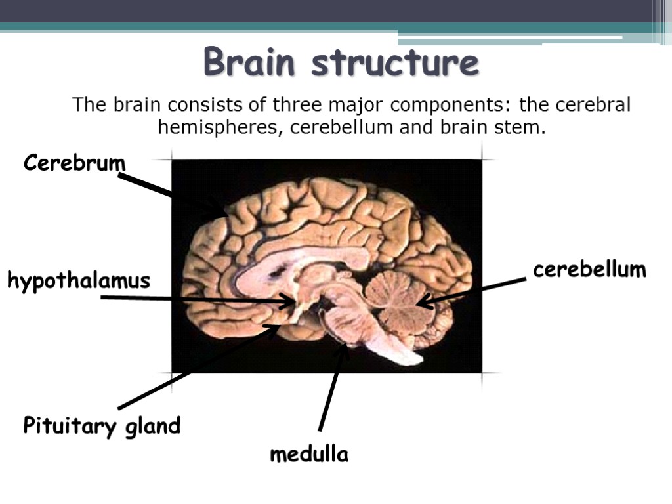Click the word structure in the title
click(395, 64)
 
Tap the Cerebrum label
click(74, 162)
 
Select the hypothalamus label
click(79, 282)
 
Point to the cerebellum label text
click(589, 269)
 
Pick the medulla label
click(309, 454)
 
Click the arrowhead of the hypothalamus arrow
click(289, 301)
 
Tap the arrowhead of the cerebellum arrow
click(423, 302)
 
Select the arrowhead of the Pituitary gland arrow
click(274, 328)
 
